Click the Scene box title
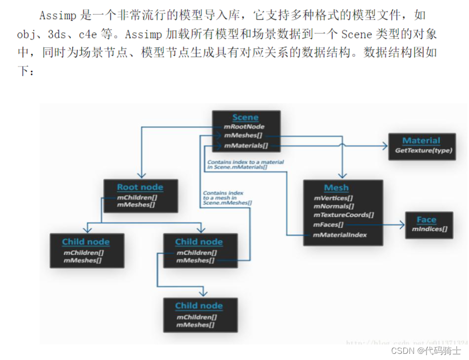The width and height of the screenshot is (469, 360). pyautogui.click(x=246, y=117)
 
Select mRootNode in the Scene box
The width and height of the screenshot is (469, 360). pyautogui.click(x=244, y=127)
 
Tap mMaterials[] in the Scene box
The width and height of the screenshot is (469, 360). pyautogui.click(x=246, y=146)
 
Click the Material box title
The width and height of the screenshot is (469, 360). pyautogui.click(x=421, y=141)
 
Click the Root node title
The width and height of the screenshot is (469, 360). pyautogui.click(x=140, y=187)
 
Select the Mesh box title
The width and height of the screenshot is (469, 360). pyautogui.click(x=336, y=188)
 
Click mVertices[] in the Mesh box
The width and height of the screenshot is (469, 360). pyautogui.click(x=334, y=198)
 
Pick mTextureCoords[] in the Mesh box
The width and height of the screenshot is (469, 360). pyautogui.click(x=343, y=215)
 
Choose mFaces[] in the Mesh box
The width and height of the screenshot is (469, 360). pyautogui.click(x=329, y=225)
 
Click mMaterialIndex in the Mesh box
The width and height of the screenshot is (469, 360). pyautogui.click(x=340, y=235)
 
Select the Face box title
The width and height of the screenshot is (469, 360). pyautogui.click(x=426, y=219)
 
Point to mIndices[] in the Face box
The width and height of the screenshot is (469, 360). pyautogui.click(x=430, y=229)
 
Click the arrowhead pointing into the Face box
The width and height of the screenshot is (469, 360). pyautogui.click(x=403, y=225)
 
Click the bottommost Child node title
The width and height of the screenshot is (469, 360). pyautogui.click(x=199, y=306)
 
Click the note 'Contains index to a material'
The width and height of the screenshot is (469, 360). pyautogui.click(x=246, y=163)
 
